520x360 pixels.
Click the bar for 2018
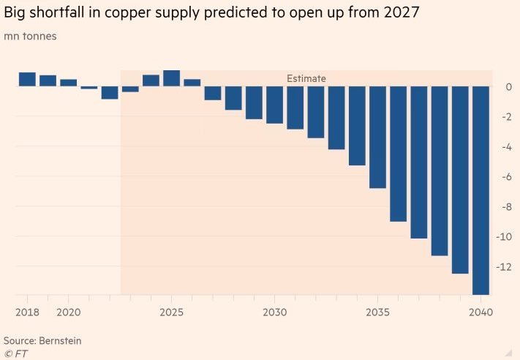click(x=27, y=79)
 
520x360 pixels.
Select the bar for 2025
click(x=171, y=78)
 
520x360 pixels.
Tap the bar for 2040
click(x=481, y=190)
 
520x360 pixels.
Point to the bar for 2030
click(x=274, y=105)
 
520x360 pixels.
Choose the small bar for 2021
click(x=88, y=88)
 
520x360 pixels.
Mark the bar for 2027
click(x=213, y=93)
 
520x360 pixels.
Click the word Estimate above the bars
click(x=306, y=78)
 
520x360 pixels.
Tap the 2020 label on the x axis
click(x=68, y=312)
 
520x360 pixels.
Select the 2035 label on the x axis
click(x=377, y=312)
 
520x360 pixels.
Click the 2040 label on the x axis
click(x=481, y=312)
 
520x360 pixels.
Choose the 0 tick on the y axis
click(x=508, y=87)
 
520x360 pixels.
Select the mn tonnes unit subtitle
click(x=30, y=36)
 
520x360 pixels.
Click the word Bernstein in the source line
click(x=61, y=341)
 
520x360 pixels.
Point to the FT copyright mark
click(x=15, y=353)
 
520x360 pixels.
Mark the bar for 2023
click(x=130, y=89)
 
